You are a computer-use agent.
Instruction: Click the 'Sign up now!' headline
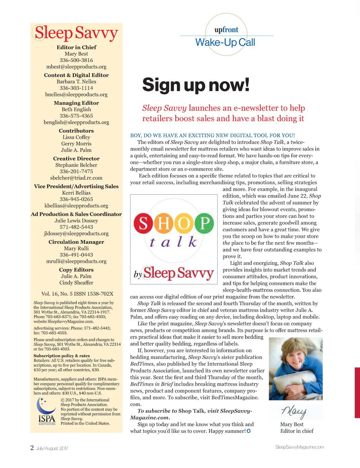point(196,85)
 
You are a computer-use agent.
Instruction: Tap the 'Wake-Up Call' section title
point(225,43)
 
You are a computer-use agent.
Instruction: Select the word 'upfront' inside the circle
point(226,30)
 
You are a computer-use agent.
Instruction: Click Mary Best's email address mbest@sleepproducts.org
point(76,67)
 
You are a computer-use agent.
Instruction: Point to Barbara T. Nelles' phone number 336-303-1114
point(76,88)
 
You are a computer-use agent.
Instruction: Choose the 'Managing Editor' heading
point(76,103)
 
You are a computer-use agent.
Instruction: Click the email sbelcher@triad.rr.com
point(76,178)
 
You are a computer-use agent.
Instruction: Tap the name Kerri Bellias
point(76,193)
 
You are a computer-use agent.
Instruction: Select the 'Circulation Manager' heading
point(76,242)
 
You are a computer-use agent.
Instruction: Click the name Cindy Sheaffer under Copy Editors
point(76,283)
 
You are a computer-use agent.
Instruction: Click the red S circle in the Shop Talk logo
point(143,223)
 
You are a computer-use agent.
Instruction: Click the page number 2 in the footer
point(32,448)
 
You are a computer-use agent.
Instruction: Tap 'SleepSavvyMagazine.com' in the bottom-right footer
point(299,447)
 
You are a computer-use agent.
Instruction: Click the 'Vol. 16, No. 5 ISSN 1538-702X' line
point(77,294)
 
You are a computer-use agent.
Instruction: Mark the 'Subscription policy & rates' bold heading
point(62,356)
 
